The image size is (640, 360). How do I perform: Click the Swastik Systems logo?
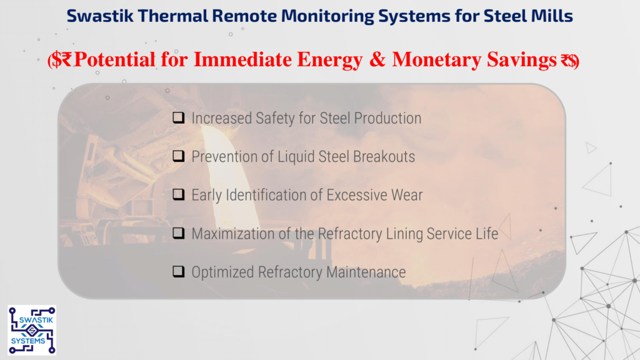point(32,330)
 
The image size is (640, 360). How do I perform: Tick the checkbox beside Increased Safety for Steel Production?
point(178,118)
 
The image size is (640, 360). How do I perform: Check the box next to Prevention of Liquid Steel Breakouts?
point(178,156)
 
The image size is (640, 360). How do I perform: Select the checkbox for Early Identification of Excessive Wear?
point(178,195)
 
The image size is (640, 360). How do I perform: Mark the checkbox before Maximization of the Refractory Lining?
point(178,234)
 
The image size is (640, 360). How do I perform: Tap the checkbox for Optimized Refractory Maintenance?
point(178,272)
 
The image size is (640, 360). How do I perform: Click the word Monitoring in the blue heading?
point(327,16)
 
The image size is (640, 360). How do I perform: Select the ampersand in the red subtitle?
point(377,59)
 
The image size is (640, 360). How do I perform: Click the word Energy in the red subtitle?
point(329,60)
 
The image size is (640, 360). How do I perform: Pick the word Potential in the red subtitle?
point(115,59)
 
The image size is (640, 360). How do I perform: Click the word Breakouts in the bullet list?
point(384,157)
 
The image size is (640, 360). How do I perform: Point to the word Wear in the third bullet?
point(407,195)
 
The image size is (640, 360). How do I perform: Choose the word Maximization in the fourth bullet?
point(233,234)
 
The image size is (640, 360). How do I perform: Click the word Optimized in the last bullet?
point(222,272)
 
